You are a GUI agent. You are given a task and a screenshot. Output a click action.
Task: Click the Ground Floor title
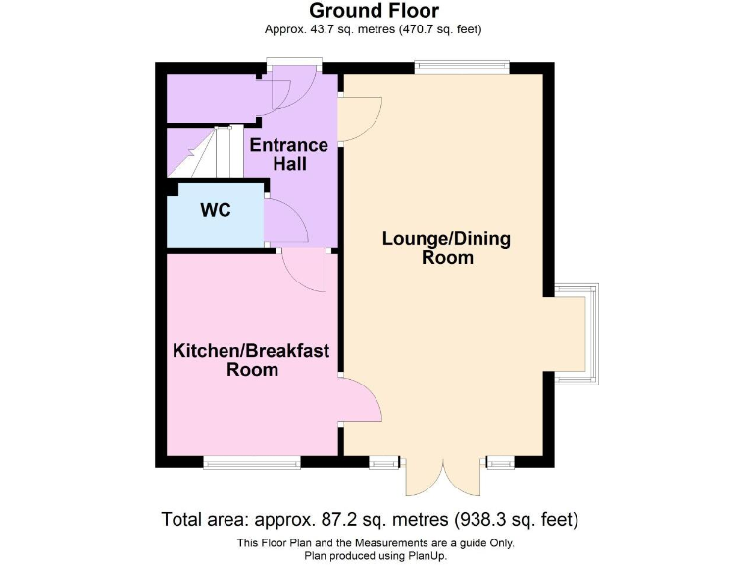pyautogui.click(x=375, y=11)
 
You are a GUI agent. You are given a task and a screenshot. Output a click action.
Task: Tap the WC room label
pyautogui.click(x=216, y=210)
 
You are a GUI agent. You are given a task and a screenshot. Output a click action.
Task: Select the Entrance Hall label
pyautogui.click(x=288, y=154)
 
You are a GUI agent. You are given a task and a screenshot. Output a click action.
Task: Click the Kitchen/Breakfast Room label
pyautogui.click(x=252, y=360)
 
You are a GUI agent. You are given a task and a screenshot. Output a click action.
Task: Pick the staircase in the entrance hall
pyautogui.click(x=200, y=153)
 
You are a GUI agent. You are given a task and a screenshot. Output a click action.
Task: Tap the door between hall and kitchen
pyautogui.click(x=306, y=270)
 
